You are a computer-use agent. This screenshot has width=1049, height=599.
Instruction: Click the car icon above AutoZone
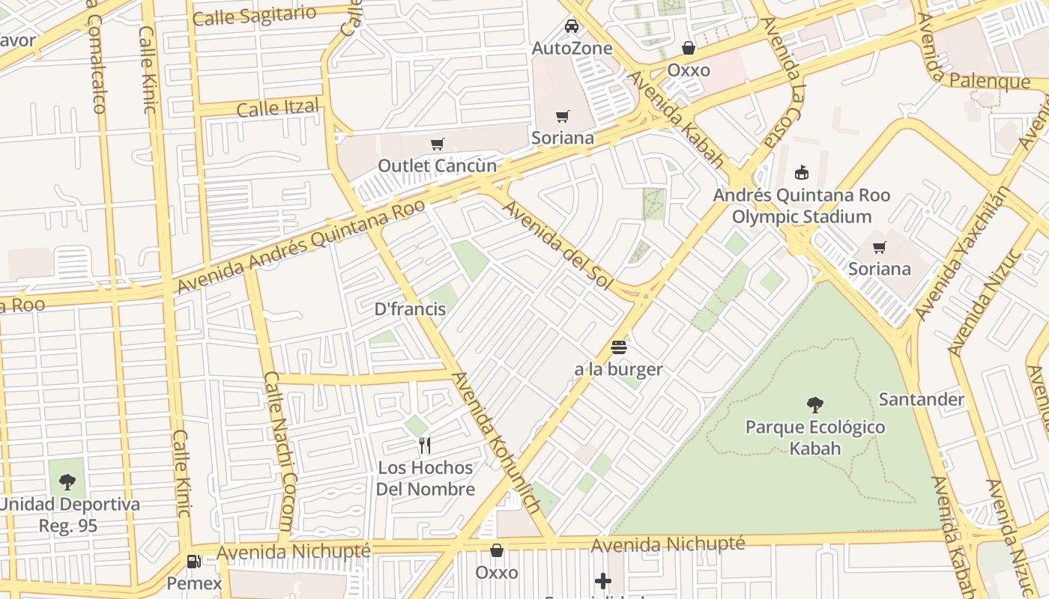point(572,27)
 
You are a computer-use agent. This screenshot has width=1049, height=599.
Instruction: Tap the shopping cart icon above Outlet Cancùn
point(437,144)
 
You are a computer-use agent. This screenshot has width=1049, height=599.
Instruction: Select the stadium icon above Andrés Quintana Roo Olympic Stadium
point(802,173)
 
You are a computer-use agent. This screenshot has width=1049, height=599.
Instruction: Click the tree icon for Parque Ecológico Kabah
point(815,405)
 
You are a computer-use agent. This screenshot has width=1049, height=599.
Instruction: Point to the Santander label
point(921,399)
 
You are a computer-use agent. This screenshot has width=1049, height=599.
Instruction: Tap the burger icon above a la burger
point(618,347)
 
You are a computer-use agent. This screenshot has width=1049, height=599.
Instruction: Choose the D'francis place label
point(411,309)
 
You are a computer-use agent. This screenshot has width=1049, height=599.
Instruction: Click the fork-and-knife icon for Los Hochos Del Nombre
point(425,446)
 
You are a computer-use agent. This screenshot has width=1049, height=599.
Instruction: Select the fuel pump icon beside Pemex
point(194,561)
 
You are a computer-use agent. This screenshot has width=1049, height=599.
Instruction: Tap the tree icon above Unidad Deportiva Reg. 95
point(67,481)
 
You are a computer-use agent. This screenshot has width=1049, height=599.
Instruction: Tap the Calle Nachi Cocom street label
point(279,452)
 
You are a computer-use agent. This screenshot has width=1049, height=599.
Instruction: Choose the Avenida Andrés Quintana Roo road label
point(300,246)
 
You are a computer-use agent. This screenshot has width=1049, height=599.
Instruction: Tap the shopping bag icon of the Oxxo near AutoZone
point(688,49)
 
